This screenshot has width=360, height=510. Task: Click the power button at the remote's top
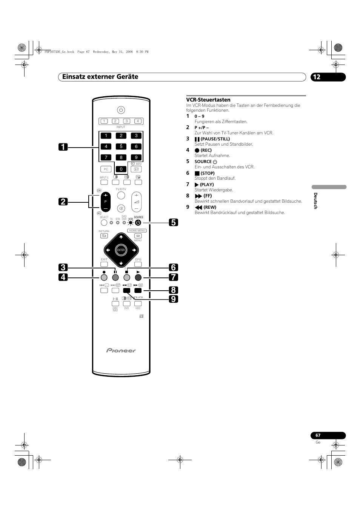click(x=121, y=110)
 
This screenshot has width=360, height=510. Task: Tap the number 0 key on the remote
click(x=121, y=169)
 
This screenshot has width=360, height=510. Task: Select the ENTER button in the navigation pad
click(x=121, y=250)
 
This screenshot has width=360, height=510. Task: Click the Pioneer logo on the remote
click(x=121, y=350)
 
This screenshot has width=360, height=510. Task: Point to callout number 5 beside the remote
click(x=173, y=222)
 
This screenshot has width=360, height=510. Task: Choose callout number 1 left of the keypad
click(x=63, y=147)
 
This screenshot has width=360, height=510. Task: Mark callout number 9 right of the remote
click(x=173, y=299)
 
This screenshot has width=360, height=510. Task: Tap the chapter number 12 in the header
click(x=316, y=77)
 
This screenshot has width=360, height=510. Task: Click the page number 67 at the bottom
click(x=318, y=435)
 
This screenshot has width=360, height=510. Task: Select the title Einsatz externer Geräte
click(x=100, y=77)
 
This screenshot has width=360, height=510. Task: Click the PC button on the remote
click(x=106, y=169)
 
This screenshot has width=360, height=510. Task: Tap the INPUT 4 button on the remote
click(x=138, y=121)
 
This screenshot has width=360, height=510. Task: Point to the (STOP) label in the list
click(x=207, y=173)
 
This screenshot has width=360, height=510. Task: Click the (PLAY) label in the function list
click(x=206, y=185)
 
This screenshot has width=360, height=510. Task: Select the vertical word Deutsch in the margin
click(x=315, y=200)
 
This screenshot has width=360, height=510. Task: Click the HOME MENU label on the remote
click(x=137, y=230)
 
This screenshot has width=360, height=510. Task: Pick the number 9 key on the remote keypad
click(x=136, y=157)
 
